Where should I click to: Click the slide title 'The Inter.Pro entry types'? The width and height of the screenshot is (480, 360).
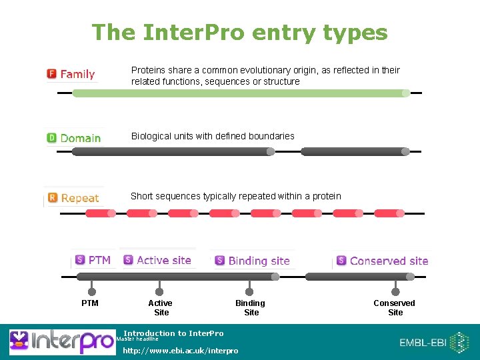pyautogui.click(x=239, y=32)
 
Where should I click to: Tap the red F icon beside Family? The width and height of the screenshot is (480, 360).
pyautogui.click(x=51, y=74)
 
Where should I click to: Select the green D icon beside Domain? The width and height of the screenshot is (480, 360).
pyautogui.click(x=51, y=138)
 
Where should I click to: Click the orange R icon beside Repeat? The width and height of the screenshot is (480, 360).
pyautogui.click(x=53, y=198)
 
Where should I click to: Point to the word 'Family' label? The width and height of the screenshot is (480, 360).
pyautogui.click(x=77, y=74)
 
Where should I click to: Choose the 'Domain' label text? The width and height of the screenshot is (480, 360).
pyautogui.click(x=81, y=138)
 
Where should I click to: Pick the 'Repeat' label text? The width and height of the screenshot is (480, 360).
pyautogui.click(x=80, y=198)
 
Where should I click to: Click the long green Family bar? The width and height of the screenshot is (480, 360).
pyautogui.click(x=240, y=93)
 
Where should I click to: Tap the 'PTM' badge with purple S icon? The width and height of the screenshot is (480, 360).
pyautogui.click(x=93, y=260)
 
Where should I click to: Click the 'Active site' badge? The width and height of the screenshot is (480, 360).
pyautogui.click(x=157, y=260)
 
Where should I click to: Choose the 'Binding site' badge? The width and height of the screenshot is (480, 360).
pyautogui.click(x=252, y=261)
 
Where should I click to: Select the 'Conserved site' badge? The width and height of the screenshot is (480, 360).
pyautogui.click(x=382, y=261)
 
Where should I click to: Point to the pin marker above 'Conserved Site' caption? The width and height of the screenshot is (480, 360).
pyautogui.click(x=395, y=291)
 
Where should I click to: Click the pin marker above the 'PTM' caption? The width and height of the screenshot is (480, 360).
pyautogui.click(x=92, y=291)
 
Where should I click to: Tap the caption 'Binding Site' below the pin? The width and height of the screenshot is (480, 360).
pyautogui.click(x=251, y=307)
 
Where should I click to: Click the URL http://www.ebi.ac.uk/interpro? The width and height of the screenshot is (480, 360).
pyautogui.click(x=180, y=351)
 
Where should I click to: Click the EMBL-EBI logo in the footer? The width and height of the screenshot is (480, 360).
pyautogui.click(x=433, y=343)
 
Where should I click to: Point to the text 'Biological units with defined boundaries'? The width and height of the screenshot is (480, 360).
pyautogui.click(x=213, y=136)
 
